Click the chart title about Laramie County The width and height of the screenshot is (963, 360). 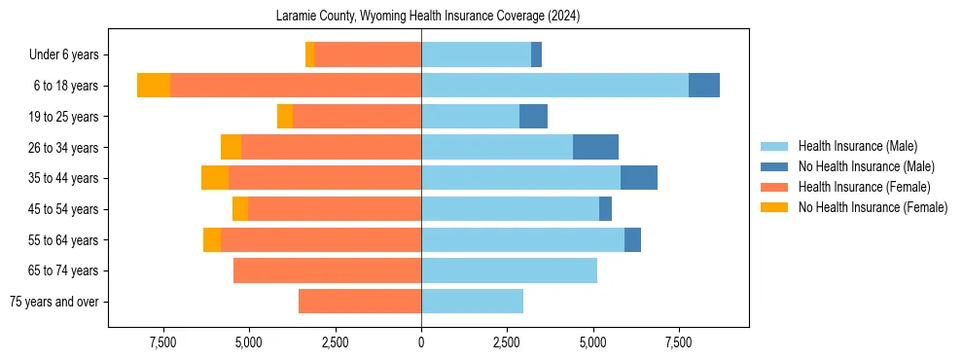pyautogui.click(x=421, y=16)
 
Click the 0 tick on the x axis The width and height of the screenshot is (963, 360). pyautogui.click(x=421, y=342)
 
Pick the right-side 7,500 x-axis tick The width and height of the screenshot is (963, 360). pyautogui.click(x=678, y=342)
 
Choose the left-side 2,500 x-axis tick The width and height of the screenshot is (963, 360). pyautogui.click(x=336, y=342)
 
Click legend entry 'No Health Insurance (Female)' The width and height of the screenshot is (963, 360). pyautogui.click(x=873, y=207)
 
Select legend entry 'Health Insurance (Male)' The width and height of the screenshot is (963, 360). pyautogui.click(x=857, y=146)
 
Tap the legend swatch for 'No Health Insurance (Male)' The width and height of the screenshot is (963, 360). pyautogui.click(x=775, y=166)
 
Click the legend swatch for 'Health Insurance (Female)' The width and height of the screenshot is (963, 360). pyautogui.click(x=775, y=187)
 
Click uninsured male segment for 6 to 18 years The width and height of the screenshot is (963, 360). pyautogui.click(x=704, y=86)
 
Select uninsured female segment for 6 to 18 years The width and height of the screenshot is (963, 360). pyautogui.click(x=154, y=86)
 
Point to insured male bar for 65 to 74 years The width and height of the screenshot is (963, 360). pyautogui.click(x=509, y=270)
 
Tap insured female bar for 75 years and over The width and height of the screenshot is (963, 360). pyautogui.click(x=360, y=302)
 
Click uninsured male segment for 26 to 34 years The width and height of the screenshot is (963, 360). pyautogui.click(x=595, y=148)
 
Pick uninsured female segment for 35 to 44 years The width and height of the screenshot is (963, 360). pyautogui.click(x=215, y=178)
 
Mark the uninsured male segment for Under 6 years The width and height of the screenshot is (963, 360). pyautogui.click(x=536, y=55)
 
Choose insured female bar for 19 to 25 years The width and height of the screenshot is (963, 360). pyautogui.click(x=357, y=117)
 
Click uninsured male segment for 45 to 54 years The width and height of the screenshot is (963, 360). pyautogui.click(x=605, y=209)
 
